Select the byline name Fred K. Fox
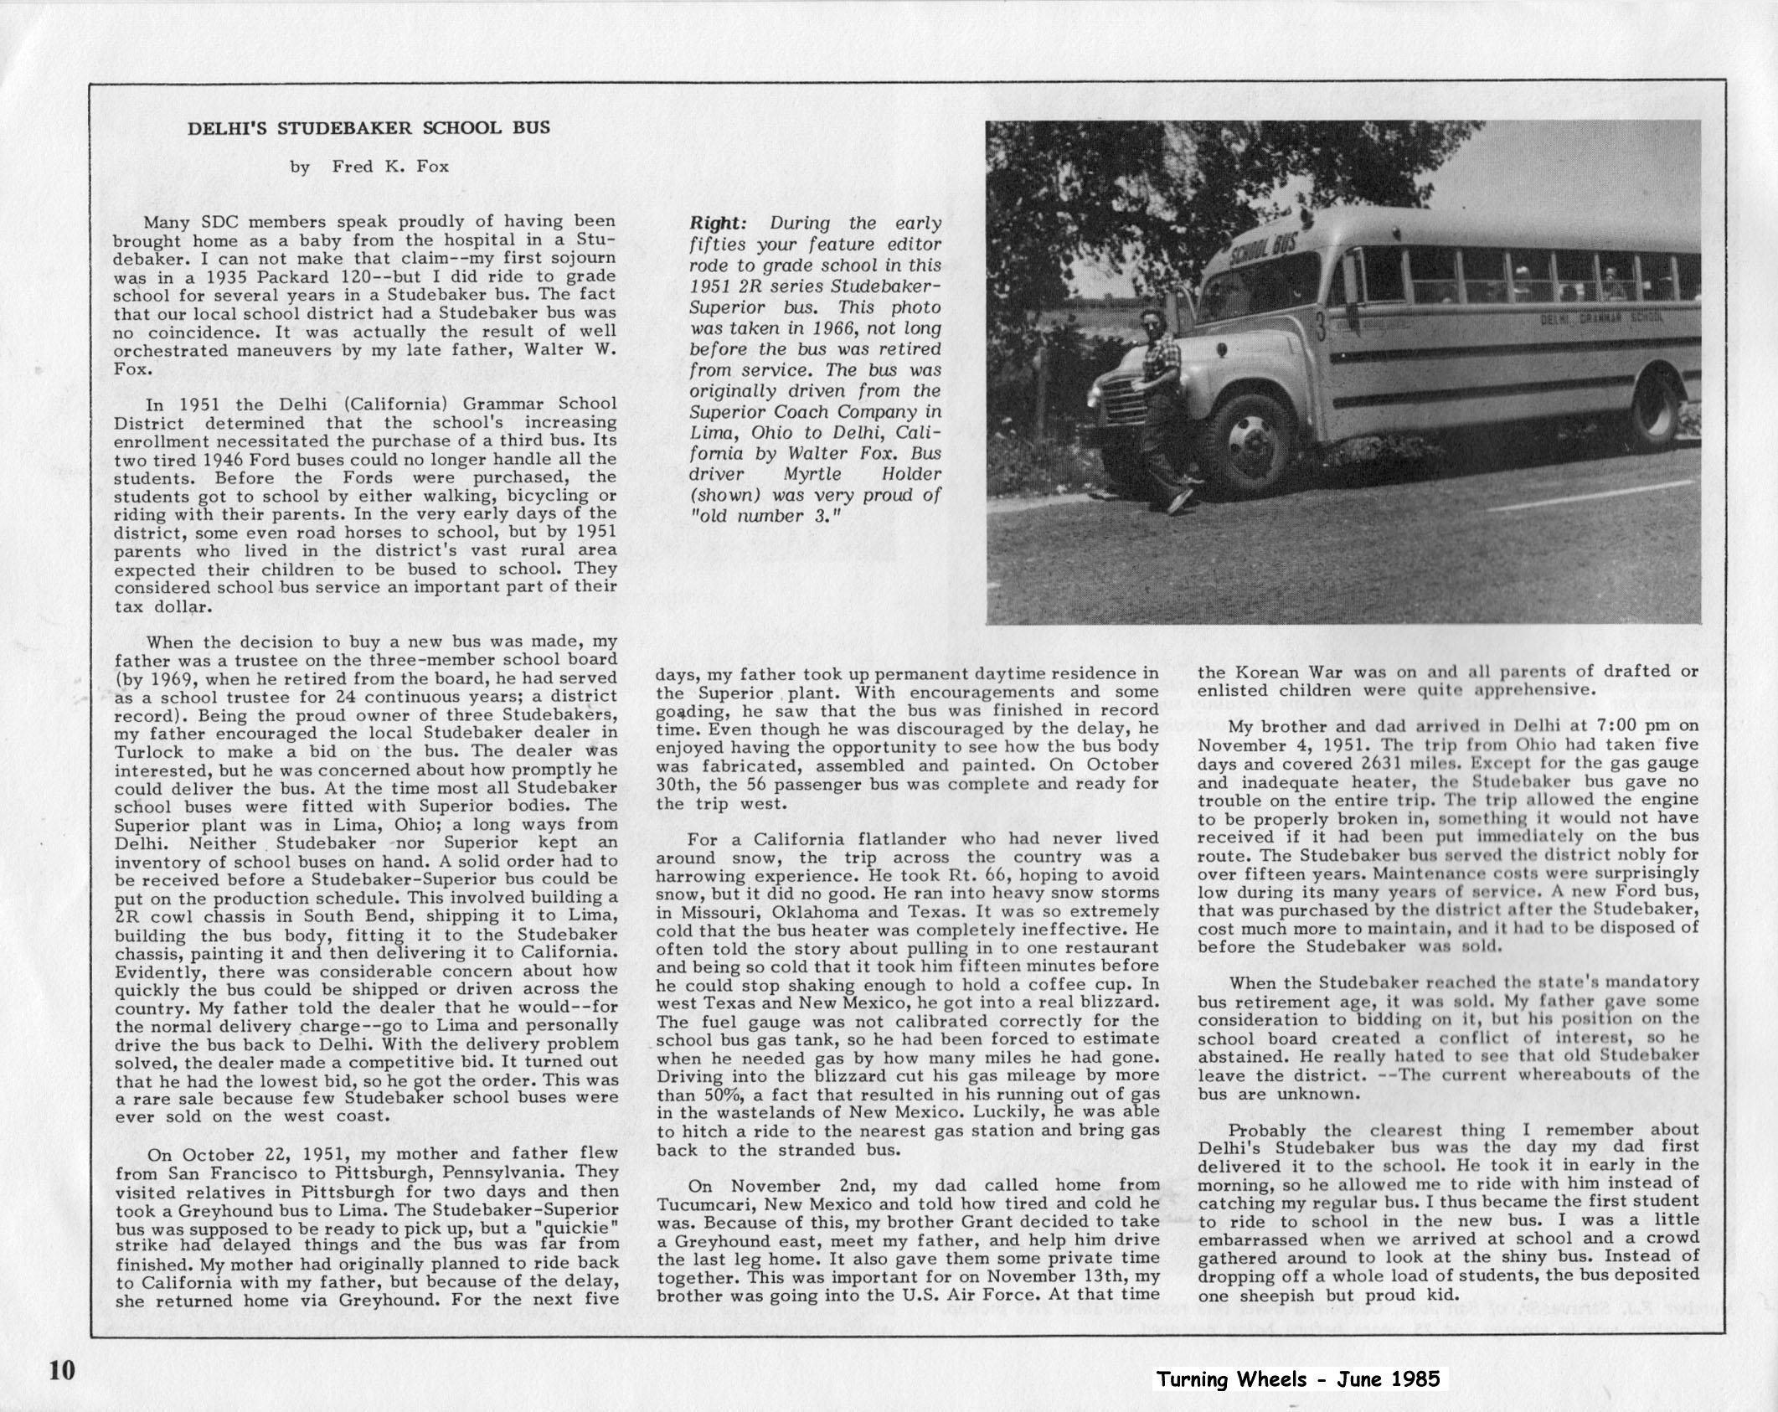click(x=390, y=167)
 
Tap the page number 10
click(x=61, y=1370)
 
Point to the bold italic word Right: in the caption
click(x=717, y=224)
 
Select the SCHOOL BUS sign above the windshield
click(x=1260, y=250)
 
